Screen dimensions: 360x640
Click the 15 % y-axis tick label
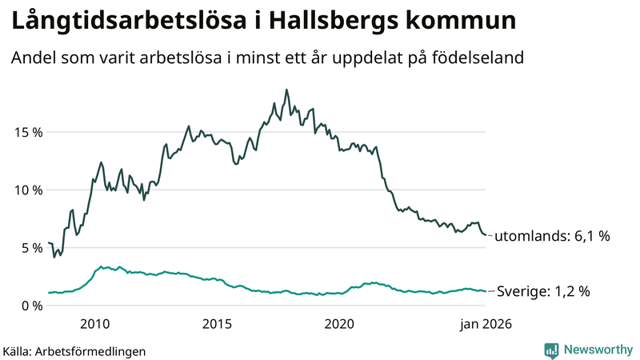coord(27,132)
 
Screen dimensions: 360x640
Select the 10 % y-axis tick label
coord(27,190)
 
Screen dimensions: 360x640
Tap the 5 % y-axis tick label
coord(31,248)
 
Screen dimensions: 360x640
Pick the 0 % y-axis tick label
coord(31,306)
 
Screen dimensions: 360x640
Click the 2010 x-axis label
coord(95,324)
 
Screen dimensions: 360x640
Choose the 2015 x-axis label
coord(218,324)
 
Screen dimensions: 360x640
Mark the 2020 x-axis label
coord(340,324)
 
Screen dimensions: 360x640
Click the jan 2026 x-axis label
coord(484,324)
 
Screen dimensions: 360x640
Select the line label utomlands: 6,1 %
coord(552,237)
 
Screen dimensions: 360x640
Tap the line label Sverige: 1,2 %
coord(544,292)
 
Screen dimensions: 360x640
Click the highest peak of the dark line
coord(286,90)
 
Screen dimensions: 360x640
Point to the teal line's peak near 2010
coord(101,266)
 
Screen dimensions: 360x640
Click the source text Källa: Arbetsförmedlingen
coord(74,350)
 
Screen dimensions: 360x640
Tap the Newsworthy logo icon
coord(551,350)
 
